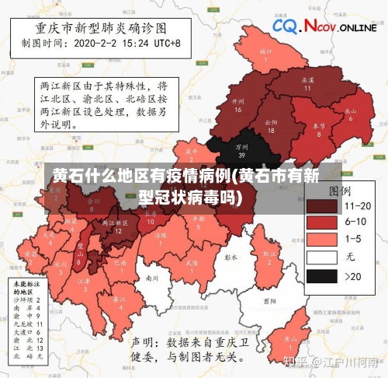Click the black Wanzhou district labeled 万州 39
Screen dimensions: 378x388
point(241,149)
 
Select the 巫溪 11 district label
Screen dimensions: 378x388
point(307,83)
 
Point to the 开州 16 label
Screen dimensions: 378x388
point(238,104)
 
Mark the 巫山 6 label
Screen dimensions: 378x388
point(351,113)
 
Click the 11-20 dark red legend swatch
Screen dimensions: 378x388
point(321,205)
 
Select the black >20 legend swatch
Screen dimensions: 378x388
point(321,275)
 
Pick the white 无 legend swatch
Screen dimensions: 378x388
point(321,257)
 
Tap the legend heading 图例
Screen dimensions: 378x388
point(339,190)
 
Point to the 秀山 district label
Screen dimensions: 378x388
point(290,341)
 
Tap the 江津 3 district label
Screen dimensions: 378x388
point(85,283)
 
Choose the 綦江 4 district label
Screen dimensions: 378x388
point(120,302)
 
